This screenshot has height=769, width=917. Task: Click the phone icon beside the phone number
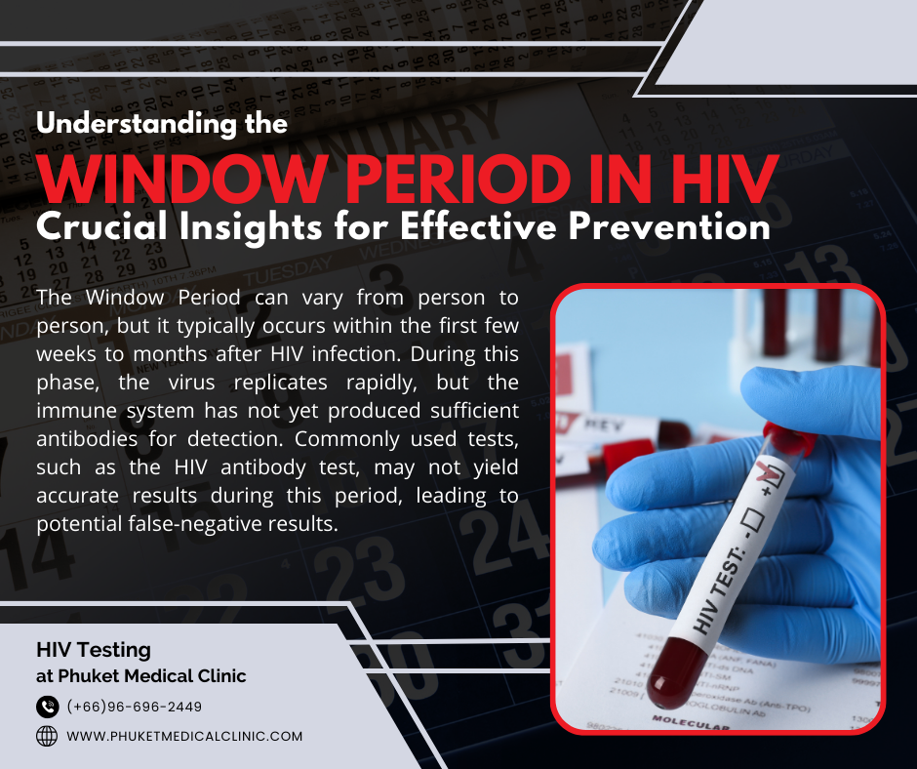(x=47, y=707)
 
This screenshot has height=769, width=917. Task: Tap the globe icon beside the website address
(x=47, y=736)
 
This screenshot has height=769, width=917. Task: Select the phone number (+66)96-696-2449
(x=135, y=707)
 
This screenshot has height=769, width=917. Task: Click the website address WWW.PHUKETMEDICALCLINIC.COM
(x=184, y=736)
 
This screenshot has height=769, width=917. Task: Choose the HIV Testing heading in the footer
(x=94, y=649)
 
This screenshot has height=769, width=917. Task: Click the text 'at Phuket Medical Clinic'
(x=141, y=675)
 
